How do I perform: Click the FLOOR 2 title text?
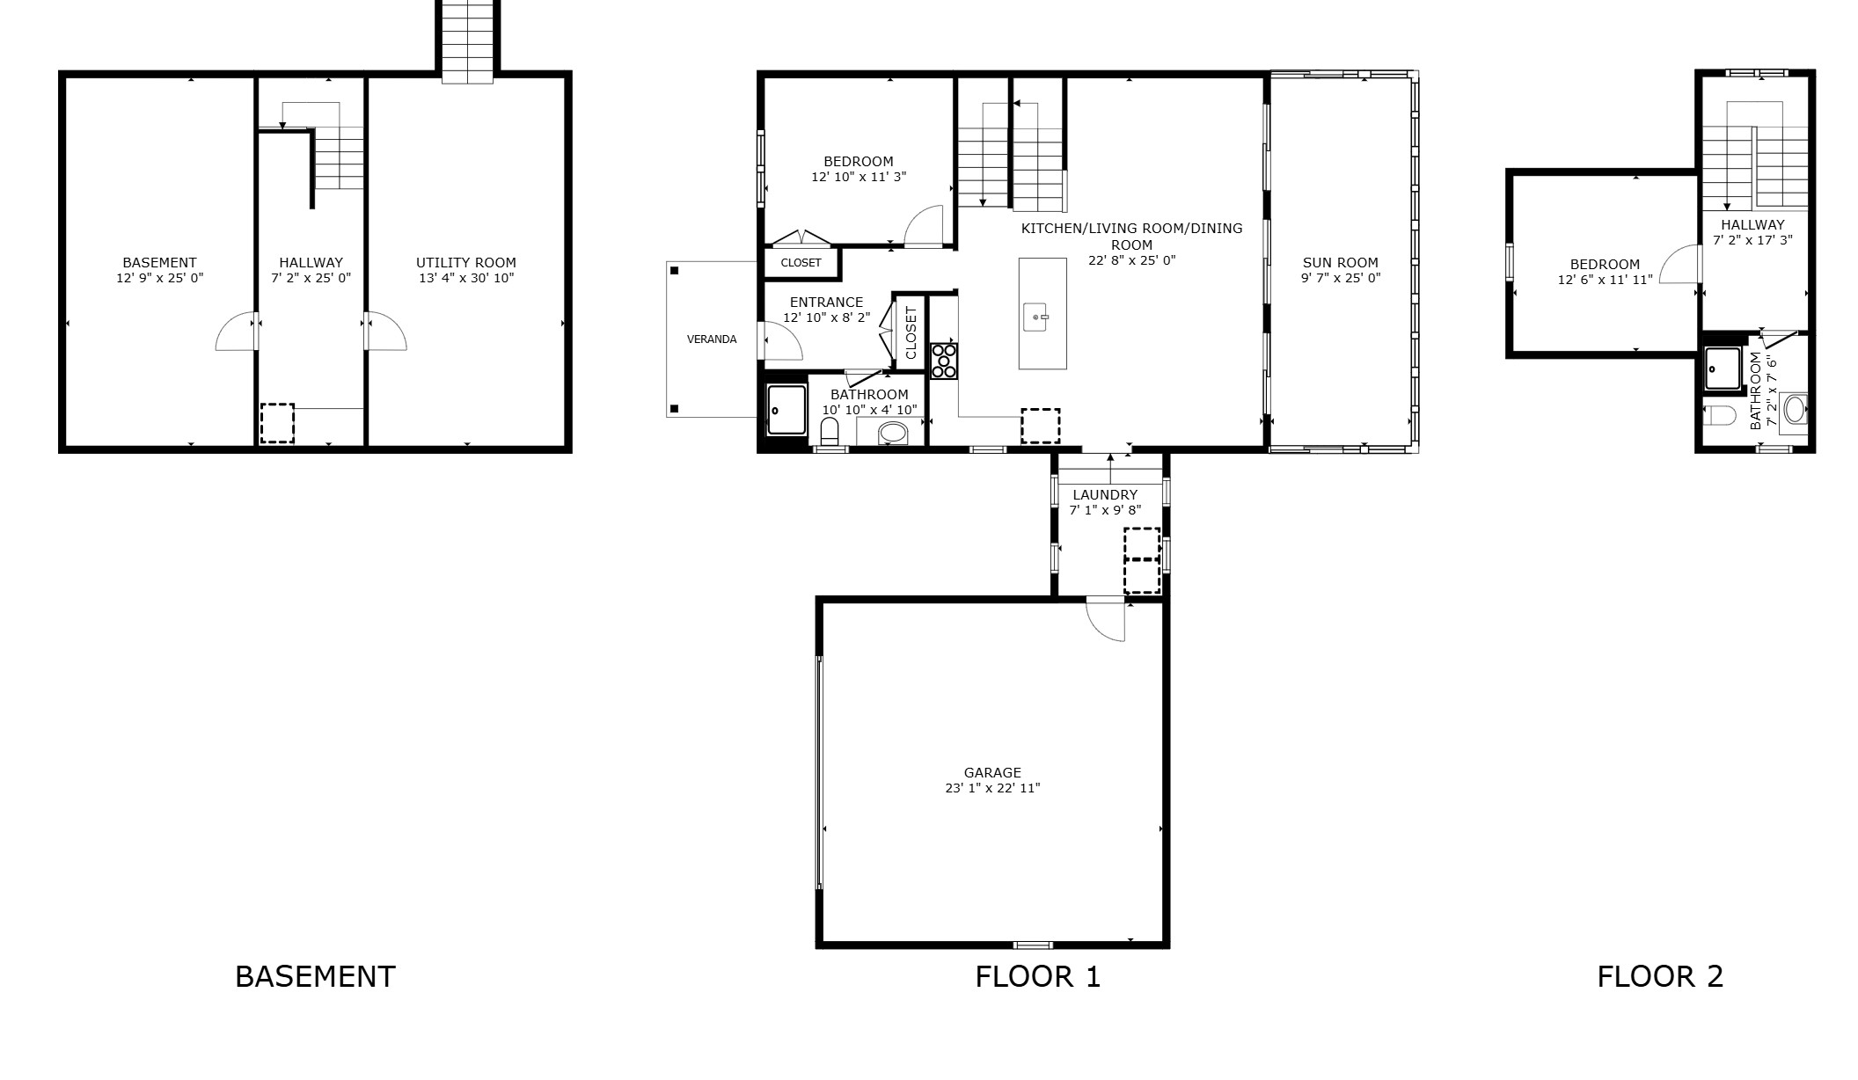[x=1659, y=976]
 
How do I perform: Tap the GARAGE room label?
[x=992, y=773]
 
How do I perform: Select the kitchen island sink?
[x=1037, y=317]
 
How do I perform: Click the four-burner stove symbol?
[x=944, y=361]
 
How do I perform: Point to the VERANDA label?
[x=711, y=339]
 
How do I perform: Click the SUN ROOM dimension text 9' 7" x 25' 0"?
[x=1340, y=278]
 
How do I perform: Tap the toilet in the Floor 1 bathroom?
[x=829, y=432]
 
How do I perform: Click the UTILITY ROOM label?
[x=465, y=262]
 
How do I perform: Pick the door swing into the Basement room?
[x=235, y=332]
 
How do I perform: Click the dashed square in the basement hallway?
[x=277, y=423]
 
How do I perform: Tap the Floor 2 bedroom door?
[x=1680, y=264]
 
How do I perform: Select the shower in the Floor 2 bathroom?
[x=1722, y=368]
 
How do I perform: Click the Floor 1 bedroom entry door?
[x=923, y=227]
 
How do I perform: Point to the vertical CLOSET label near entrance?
[x=911, y=332]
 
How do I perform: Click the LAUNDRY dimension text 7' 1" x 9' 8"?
[x=1105, y=510]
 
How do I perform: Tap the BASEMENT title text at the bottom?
[x=315, y=976]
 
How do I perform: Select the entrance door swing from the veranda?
[x=782, y=343]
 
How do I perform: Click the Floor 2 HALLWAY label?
[x=1752, y=224]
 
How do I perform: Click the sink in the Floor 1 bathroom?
[x=892, y=433]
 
